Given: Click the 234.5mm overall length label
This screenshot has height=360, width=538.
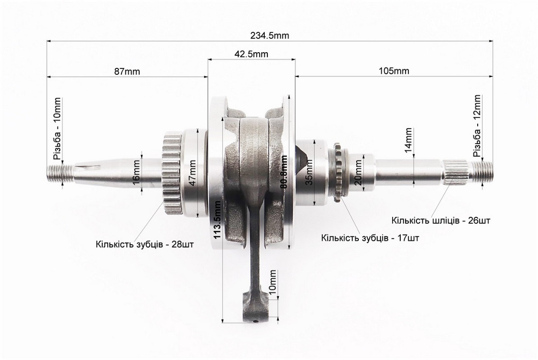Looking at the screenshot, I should [x=270, y=36].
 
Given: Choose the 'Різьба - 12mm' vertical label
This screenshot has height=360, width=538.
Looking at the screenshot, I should [x=477, y=126].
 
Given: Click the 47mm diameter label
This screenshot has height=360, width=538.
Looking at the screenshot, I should [x=193, y=173].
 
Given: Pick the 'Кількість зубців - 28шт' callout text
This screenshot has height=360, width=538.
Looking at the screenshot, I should [x=145, y=244].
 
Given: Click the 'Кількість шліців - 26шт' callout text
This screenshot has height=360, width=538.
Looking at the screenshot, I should [x=441, y=220].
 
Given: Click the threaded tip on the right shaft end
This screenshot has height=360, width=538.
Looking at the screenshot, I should [x=482, y=172].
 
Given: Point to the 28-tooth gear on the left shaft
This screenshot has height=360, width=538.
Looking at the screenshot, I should [x=171, y=175].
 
